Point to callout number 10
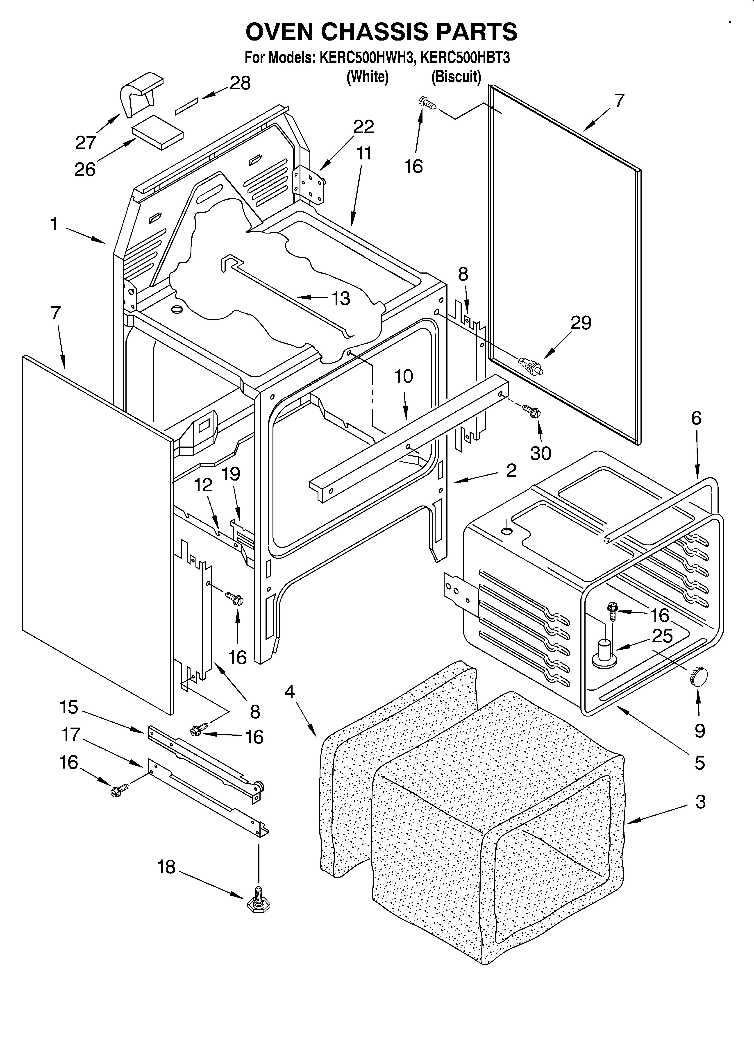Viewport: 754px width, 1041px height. click(404, 376)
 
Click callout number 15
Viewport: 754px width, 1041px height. click(69, 707)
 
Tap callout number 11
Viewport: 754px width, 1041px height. click(364, 154)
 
